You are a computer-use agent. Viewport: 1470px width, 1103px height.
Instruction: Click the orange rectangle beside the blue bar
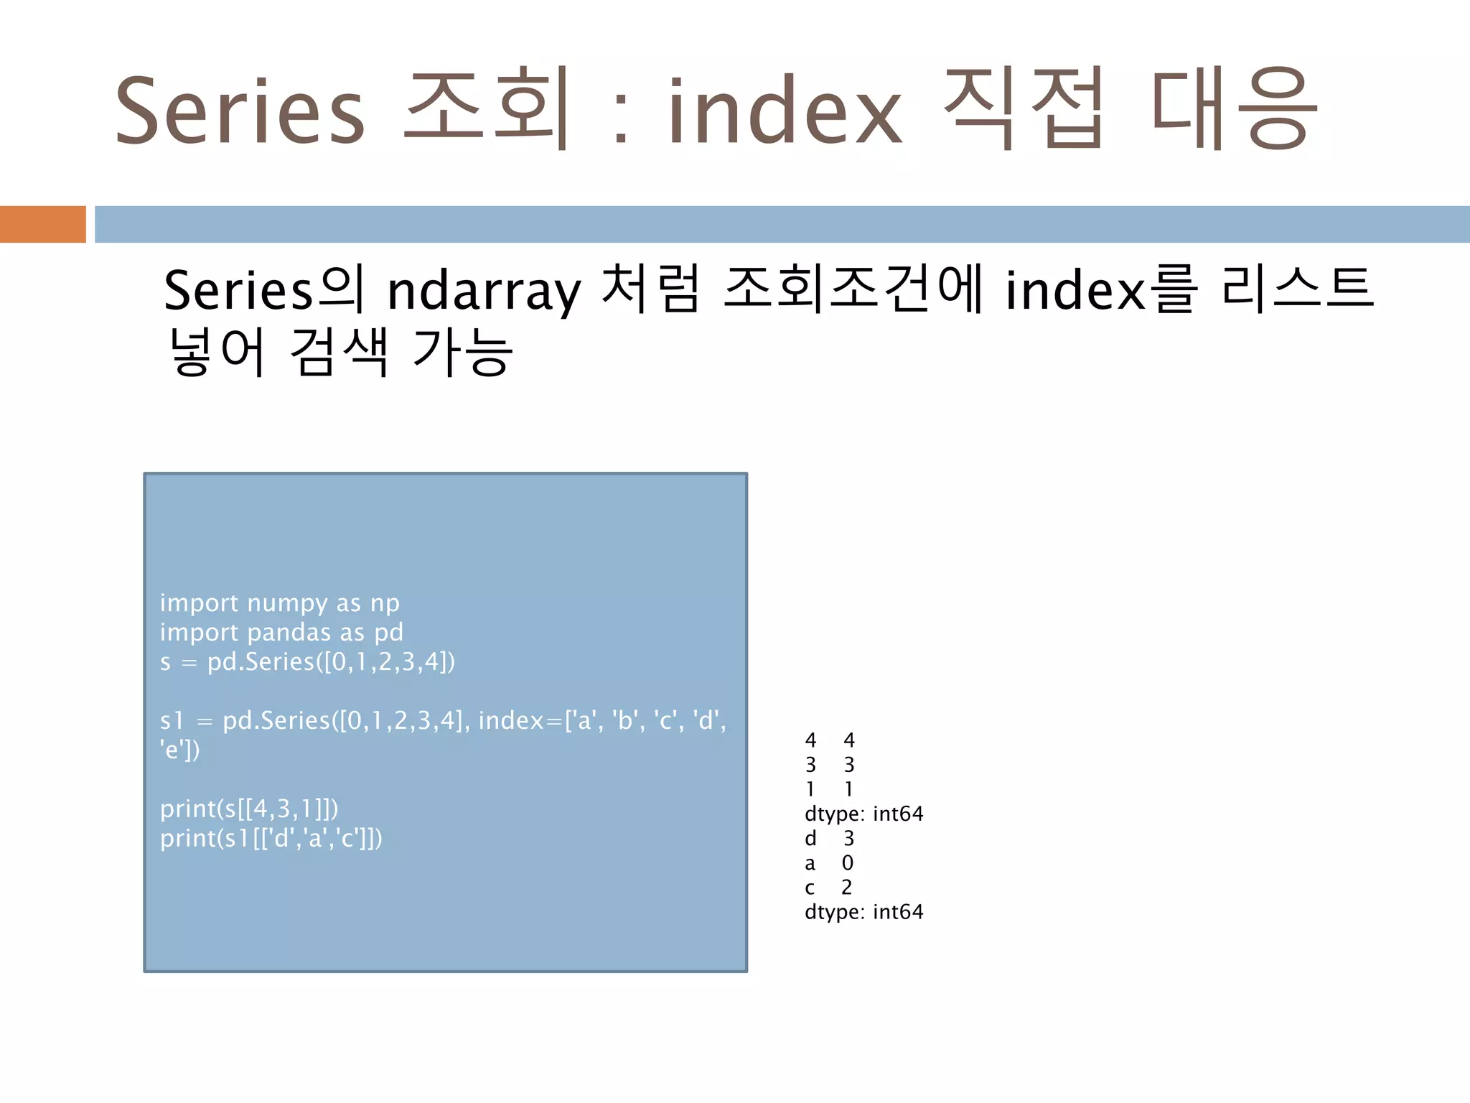(42, 224)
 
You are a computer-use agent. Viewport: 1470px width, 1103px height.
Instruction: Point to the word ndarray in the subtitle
(483, 291)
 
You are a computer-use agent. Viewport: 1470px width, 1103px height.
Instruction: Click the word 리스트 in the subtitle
(1298, 289)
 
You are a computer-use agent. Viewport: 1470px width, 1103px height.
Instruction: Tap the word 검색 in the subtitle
(339, 352)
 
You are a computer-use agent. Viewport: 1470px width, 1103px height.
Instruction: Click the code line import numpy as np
(279, 603)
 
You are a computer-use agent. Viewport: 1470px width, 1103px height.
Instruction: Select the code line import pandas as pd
(281, 633)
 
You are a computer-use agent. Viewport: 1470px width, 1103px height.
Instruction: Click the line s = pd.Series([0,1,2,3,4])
(307, 662)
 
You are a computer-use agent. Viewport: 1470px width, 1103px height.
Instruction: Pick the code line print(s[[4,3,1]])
(249, 809)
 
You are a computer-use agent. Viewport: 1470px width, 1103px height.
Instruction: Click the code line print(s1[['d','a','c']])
(271, 839)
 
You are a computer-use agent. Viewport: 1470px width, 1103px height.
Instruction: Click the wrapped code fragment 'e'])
(179, 750)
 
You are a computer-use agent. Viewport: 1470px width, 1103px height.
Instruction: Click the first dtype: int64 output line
(863, 814)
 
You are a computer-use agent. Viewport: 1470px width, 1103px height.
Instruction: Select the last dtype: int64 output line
(863, 912)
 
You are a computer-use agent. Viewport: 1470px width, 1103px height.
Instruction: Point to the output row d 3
(829, 839)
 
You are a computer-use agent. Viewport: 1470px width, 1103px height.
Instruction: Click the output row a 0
(829, 863)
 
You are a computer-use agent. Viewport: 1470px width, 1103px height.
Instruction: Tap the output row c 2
(828, 888)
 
